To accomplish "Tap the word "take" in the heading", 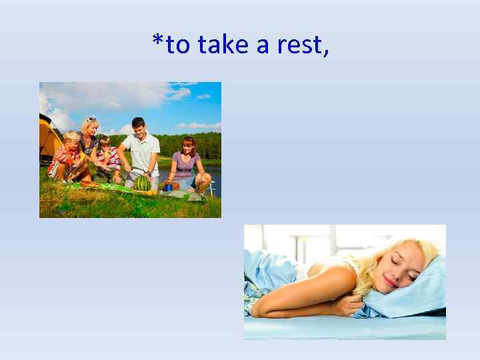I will tap(223, 45).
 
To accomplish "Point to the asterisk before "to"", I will tap(157, 43).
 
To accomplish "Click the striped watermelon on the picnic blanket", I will tap(143, 183).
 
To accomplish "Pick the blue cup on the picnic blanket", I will tap(169, 187).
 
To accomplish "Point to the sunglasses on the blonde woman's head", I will tap(91, 120).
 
